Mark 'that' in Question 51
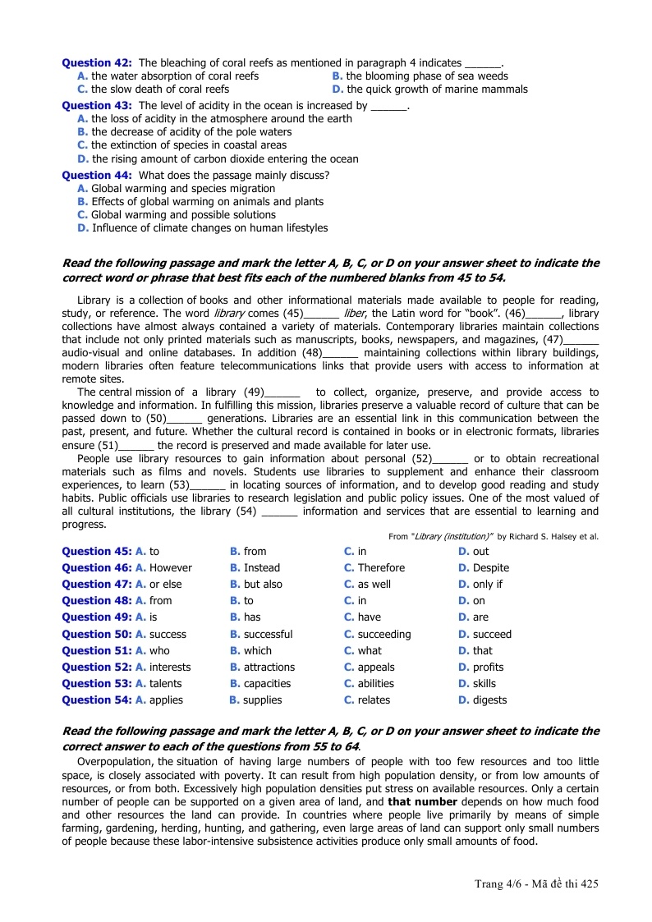(477, 650)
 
